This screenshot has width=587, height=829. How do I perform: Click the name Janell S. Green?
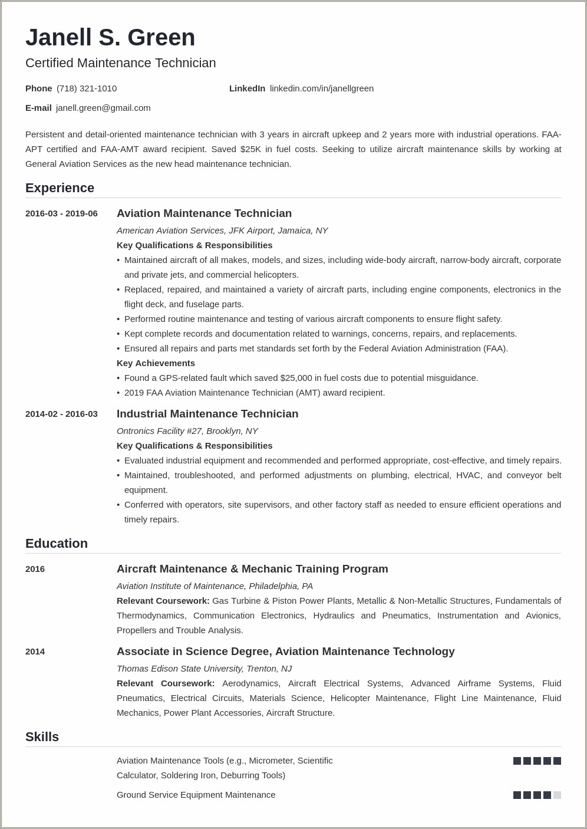(110, 38)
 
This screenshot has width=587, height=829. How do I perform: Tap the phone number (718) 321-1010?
(87, 88)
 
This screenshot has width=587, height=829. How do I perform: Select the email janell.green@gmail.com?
(103, 108)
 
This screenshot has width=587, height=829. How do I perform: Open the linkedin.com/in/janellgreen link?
(321, 88)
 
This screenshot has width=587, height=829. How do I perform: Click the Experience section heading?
(60, 188)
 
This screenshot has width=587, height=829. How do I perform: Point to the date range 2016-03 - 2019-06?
(61, 213)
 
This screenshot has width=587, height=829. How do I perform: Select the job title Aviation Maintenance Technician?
(204, 213)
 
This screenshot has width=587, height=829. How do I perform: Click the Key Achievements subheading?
(156, 363)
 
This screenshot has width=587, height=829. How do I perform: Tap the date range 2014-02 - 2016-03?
(61, 414)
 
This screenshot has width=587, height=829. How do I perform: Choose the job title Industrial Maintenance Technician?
(207, 414)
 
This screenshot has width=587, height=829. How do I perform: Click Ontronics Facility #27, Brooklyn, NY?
(187, 431)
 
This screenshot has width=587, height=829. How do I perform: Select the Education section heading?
(57, 544)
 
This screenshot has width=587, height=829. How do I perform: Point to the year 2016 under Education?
(35, 569)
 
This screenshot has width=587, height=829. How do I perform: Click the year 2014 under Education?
(35, 652)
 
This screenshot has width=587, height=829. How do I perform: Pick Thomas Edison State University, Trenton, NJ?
(204, 669)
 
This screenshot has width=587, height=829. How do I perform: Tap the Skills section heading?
(42, 737)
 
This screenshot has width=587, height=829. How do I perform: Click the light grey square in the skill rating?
(557, 795)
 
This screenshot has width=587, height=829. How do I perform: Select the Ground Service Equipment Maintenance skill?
(196, 795)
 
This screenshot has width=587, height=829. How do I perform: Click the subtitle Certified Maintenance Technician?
(120, 63)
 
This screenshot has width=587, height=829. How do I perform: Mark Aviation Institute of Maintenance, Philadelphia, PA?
(215, 586)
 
